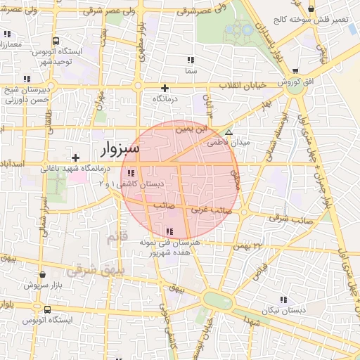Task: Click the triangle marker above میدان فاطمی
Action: click(228, 132)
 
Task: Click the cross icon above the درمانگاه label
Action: click(165, 88)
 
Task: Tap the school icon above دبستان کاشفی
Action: click(131, 173)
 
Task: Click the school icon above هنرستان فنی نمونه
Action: click(169, 231)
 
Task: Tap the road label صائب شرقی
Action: click(274, 218)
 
